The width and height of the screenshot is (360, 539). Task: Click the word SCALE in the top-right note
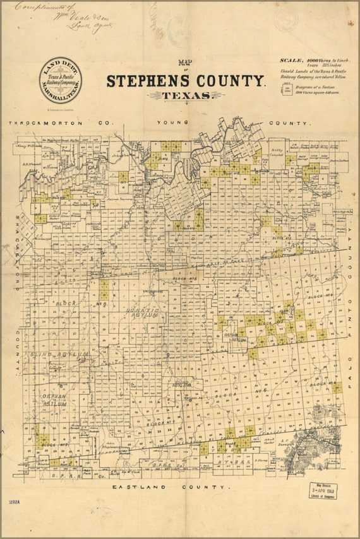point(292,60)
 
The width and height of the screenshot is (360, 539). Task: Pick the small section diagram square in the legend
point(287,88)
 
